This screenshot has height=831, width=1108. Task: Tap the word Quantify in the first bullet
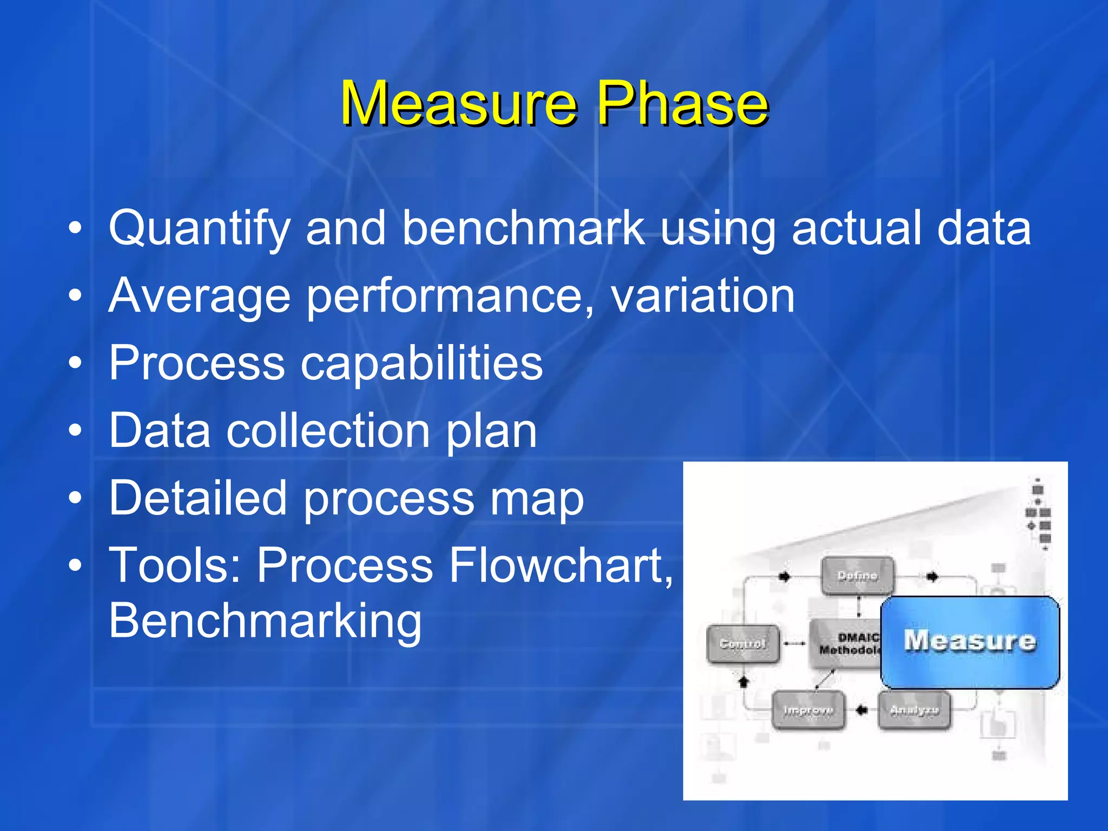(199, 229)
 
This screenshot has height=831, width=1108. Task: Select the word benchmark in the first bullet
(523, 228)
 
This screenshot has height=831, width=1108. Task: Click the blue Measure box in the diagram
(969, 642)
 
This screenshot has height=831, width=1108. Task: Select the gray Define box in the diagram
(857, 576)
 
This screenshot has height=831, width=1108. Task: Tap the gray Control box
(743, 644)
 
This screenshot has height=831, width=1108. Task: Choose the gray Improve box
(808, 710)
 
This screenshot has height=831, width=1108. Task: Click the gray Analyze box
(914, 710)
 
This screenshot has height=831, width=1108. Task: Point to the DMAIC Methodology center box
(845, 644)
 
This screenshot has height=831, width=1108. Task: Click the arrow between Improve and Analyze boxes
(861, 710)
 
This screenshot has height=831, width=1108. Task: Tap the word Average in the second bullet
(199, 296)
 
